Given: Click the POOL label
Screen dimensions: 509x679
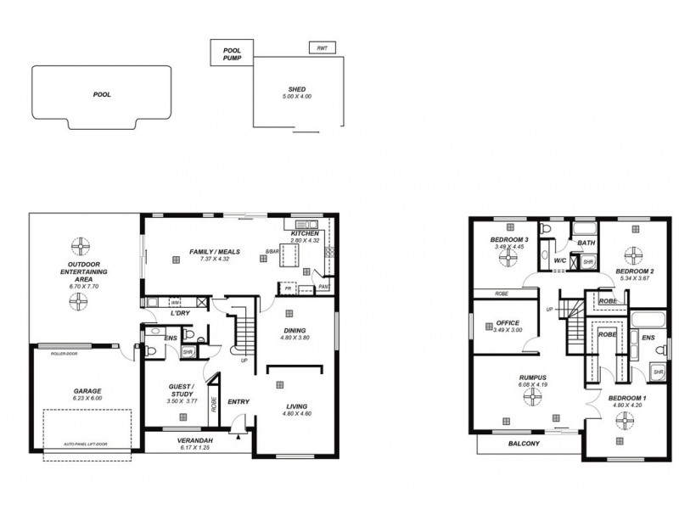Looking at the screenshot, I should click(x=102, y=95).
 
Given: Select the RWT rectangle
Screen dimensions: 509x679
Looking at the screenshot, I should click(x=321, y=48).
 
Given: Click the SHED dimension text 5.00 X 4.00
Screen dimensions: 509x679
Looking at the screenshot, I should click(x=296, y=97).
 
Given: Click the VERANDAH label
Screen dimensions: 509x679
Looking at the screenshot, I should click(x=195, y=440).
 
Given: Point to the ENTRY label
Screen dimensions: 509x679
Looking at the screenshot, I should click(x=238, y=402).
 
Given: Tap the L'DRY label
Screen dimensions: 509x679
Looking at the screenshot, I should click(x=180, y=314).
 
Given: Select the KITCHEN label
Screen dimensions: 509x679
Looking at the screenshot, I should click(x=304, y=233).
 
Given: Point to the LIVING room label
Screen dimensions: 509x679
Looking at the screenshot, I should click(x=295, y=405).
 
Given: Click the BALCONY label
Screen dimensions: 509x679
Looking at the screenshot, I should click(x=525, y=443).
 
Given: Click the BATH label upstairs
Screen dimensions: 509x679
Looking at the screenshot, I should click(x=586, y=243).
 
